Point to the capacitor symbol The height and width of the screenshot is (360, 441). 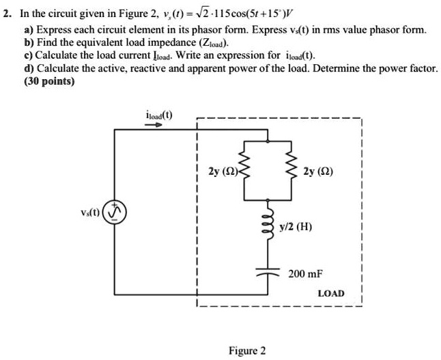tap(268, 273)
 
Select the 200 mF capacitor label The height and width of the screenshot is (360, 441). tap(304, 273)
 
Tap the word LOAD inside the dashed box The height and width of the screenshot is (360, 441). tap(331, 294)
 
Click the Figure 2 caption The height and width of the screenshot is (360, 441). tap(248, 350)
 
